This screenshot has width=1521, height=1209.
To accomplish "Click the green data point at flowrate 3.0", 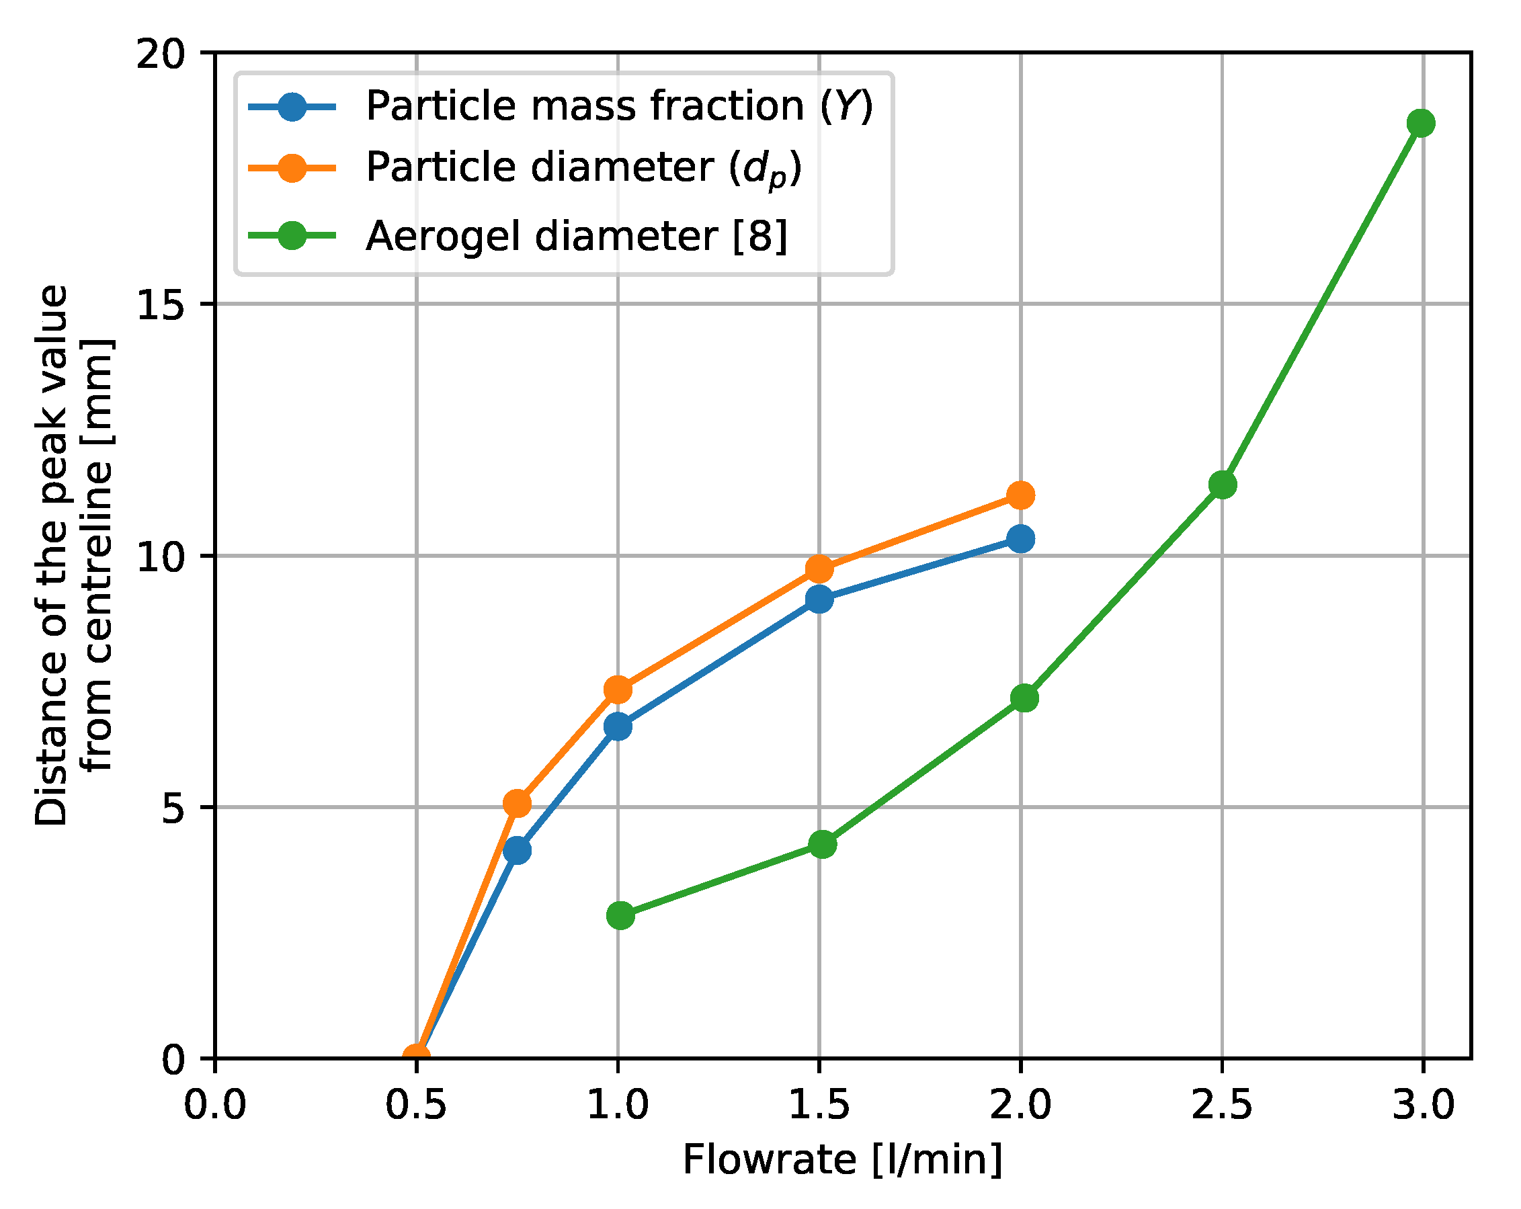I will [x=1420, y=124].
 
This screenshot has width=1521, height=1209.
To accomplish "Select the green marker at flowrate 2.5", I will [x=1222, y=485].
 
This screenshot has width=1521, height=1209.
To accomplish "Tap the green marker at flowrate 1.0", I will [x=620, y=915].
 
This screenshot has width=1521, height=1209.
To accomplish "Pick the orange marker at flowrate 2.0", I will [x=1020, y=495].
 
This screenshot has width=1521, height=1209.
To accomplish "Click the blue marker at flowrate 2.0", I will [x=1020, y=540].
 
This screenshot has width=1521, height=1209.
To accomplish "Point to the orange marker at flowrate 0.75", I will [x=517, y=803].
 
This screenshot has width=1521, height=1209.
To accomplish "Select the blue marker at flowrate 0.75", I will [x=517, y=851].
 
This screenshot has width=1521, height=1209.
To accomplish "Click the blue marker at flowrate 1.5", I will [x=819, y=599].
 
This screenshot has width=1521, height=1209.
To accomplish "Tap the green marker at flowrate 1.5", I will [x=823, y=844].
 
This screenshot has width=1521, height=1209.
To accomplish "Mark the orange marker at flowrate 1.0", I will [x=618, y=690].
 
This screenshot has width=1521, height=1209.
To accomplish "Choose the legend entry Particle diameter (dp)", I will [x=584, y=169].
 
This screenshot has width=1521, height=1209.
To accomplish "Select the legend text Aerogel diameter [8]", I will [x=577, y=237].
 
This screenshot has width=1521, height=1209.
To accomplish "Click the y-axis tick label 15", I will [x=161, y=305].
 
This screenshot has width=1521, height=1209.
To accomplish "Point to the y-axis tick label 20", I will [x=161, y=54].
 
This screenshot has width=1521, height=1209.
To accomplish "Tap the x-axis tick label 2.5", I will [x=1222, y=1105].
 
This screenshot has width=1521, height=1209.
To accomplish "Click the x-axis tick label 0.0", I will [x=215, y=1105].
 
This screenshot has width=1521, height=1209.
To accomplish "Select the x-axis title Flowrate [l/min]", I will [x=842, y=1161].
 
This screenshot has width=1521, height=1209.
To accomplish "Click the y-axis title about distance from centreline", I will [x=73, y=554].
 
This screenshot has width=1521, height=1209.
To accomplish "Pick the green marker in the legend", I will [x=291, y=236].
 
